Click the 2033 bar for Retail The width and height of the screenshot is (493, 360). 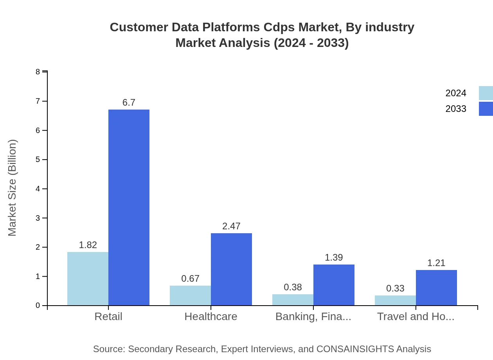click(129, 207)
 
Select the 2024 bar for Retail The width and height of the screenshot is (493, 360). click(88, 279)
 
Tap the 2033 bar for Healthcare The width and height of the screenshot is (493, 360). click(231, 269)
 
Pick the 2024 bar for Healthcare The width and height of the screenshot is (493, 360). click(190, 295)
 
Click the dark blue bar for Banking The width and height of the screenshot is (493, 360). click(334, 285)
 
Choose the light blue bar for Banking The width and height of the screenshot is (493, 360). click(293, 300)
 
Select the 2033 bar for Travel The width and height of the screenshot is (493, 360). click(436, 288)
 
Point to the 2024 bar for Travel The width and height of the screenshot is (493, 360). click(395, 301)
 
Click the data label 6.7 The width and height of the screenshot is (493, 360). click(129, 103)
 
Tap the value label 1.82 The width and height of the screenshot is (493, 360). click(88, 245)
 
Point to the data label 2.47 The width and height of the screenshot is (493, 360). click(231, 226)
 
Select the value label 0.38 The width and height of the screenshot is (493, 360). click(293, 287)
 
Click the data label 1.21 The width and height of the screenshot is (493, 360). click(436, 263)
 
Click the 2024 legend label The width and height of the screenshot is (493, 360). click(456, 93)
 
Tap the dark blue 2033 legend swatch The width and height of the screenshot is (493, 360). click(486, 109)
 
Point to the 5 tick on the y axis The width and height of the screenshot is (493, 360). click(38, 160)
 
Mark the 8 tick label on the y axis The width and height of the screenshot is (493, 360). click(38, 72)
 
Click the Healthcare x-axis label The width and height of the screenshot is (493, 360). click(211, 316)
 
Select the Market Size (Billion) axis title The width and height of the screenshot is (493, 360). click(13, 188)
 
